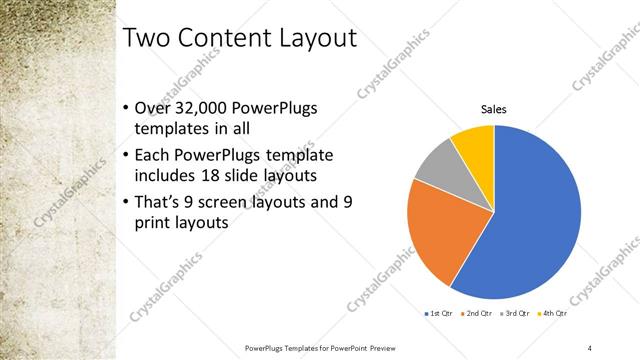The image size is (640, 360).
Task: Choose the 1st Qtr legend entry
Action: tap(440, 314)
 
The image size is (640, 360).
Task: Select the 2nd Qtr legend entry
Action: tap(476, 314)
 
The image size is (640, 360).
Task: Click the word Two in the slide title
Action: tap(147, 40)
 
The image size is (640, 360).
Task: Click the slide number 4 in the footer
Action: tap(590, 346)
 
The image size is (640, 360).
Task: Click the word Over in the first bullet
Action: tap(151, 109)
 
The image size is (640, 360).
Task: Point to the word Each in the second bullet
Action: tap(152, 156)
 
